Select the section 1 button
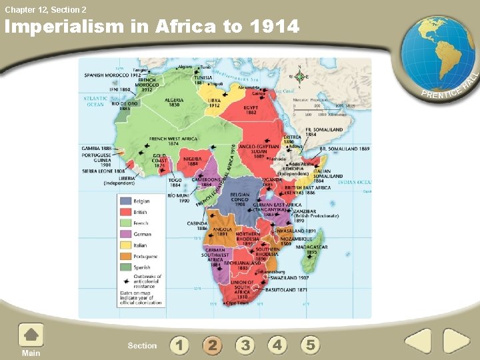[179, 345]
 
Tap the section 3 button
[245, 345]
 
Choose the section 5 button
[310, 345]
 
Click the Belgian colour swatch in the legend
[125, 201]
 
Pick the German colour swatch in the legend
[125, 234]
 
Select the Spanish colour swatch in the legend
[125, 267]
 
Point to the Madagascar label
[313, 249]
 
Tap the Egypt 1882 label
[251, 109]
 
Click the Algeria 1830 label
[175, 103]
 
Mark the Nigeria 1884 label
[193, 161]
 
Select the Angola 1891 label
[223, 231]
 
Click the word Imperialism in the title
[69, 27]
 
